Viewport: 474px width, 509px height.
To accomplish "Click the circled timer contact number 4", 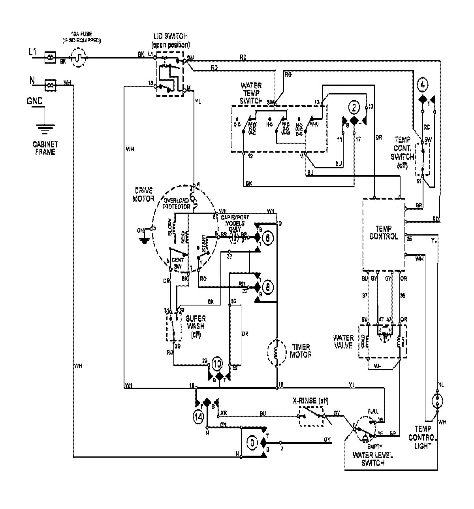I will click(423, 84).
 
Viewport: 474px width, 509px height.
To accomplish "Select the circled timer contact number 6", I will click(267, 238).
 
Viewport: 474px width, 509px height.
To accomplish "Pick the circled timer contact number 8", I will click(267, 288).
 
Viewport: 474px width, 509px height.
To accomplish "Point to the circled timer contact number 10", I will click(217, 363).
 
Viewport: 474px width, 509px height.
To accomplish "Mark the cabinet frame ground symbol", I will click(45, 128).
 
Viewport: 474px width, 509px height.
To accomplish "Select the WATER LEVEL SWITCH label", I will click(372, 459).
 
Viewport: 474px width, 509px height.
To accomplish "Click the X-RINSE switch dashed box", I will click(312, 417).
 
